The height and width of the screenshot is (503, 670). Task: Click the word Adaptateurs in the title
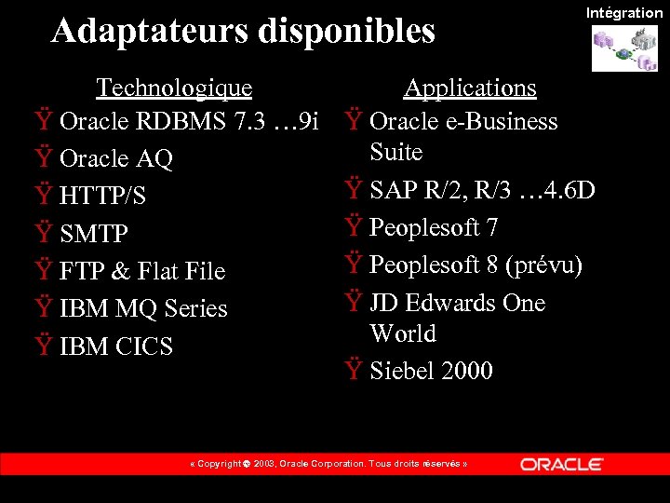[x=150, y=31]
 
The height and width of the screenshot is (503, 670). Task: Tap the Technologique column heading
[x=174, y=88]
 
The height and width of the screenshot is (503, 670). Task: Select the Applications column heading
[x=469, y=88]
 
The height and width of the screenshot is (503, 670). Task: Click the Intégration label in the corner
[x=623, y=12]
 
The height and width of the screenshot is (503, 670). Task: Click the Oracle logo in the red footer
[x=562, y=464]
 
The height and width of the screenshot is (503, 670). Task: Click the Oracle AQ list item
[x=115, y=159]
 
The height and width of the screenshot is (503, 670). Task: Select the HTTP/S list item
[x=102, y=197]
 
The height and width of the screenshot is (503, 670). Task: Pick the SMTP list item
[x=93, y=234]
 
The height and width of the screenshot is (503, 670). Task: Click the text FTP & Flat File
[x=141, y=271]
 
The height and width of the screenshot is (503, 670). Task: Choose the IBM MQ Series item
[x=143, y=308]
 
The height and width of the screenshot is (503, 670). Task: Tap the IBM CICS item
[x=115, y=347]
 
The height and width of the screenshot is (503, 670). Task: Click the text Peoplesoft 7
[x=434, y=227]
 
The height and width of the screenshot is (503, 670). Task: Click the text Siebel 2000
[x=431, y=371]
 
